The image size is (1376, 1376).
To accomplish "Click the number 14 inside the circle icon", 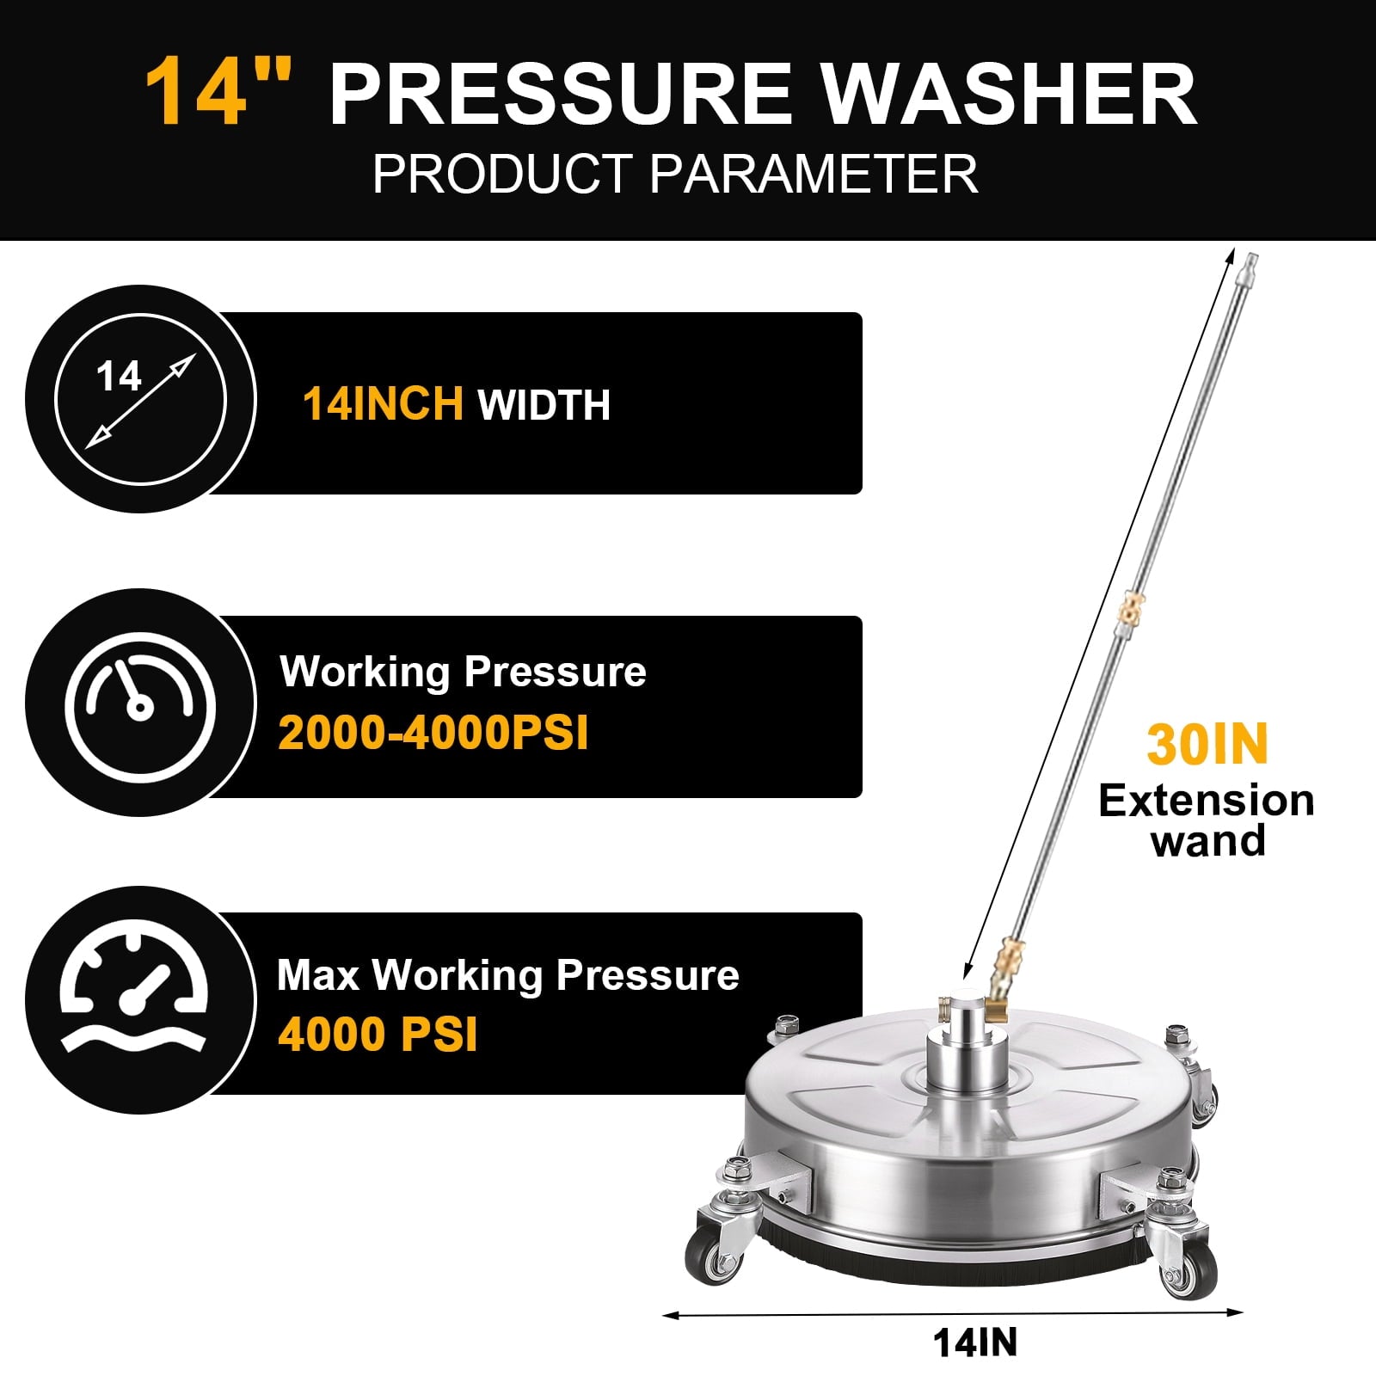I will (x=119, y=377).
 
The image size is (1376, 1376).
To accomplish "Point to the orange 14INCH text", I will (x=383, y=403).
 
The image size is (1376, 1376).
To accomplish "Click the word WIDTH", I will (x=544, y=405).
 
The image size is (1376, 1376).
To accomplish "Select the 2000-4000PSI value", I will (x=433, y=734).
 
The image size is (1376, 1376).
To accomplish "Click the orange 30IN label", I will (x=1207, y=745).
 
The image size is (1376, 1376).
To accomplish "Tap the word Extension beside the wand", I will (x=1207, y=802).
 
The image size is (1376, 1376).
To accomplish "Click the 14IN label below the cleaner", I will (x=975, y=1343).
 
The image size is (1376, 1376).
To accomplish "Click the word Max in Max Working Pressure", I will (x=317, y=976).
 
